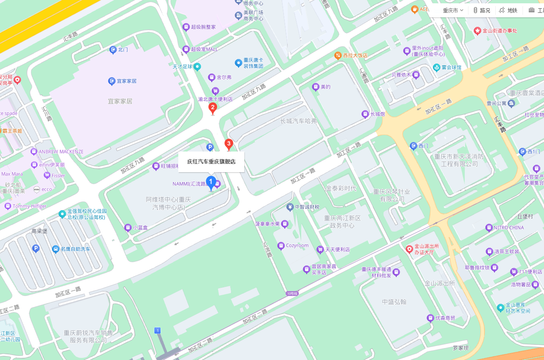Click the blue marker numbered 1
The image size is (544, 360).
211,182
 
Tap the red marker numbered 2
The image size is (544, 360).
213,109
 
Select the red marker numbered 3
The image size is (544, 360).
228,144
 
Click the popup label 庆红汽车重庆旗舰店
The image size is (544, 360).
211,162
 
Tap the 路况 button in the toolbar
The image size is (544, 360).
482,10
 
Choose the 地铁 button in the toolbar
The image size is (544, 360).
508,10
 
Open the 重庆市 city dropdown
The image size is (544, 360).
453,10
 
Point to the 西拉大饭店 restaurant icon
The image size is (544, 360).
338,55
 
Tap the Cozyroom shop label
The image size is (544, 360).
297,246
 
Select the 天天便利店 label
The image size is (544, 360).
337,249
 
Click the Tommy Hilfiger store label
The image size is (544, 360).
29,206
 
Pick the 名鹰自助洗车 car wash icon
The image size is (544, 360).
56,249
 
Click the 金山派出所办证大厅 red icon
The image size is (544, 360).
409,249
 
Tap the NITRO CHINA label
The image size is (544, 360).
509,227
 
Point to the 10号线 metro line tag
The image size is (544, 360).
291,294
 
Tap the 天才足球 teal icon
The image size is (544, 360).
198,66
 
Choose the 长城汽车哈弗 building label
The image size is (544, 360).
298,121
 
